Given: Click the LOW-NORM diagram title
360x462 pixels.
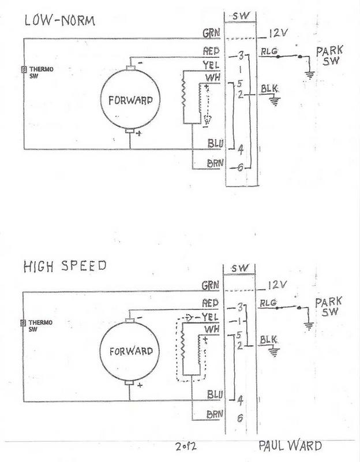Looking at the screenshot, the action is [60, 21].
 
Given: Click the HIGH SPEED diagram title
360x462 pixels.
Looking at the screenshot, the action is [65, 266].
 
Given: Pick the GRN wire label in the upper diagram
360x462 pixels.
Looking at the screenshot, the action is [211, 33].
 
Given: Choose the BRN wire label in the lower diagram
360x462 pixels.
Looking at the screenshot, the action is [215, 415].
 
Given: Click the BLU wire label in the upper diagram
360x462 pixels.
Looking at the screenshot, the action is [215, 143].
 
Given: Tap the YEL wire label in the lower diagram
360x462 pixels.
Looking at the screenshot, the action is [210, 317].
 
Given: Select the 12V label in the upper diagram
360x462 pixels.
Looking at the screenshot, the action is [278, 33].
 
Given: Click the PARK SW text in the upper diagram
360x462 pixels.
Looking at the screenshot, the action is [329, 55].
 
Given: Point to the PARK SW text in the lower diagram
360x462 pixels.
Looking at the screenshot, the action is [328, 307].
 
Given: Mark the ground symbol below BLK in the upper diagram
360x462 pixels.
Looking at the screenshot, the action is [275, 102].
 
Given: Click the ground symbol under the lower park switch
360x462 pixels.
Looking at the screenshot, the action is [309, 326].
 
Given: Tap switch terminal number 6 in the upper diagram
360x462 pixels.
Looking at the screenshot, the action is [240, 167].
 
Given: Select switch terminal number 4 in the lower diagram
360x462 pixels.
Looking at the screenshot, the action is [240, 401].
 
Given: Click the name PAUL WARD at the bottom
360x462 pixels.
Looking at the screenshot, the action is [290, 445].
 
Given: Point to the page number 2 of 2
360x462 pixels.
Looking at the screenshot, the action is [186, 446].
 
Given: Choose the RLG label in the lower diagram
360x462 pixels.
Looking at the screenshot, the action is [268, 303].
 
